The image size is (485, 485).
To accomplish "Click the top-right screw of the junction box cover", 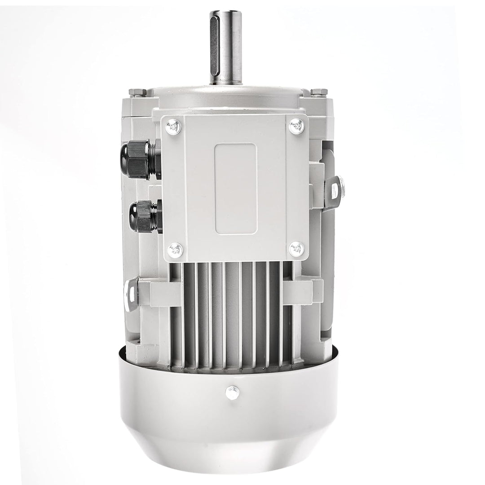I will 296,126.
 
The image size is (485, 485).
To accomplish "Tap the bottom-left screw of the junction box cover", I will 175,249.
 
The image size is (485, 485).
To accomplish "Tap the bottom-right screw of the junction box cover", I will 296,249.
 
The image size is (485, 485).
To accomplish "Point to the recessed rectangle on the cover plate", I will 236,189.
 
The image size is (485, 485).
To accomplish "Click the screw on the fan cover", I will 232,393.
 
